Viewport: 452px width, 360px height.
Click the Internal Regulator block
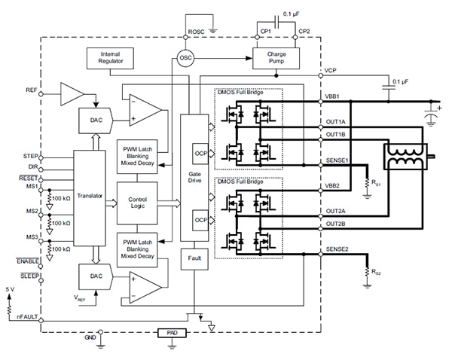click(x=109, y=56)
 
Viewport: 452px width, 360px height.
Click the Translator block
click(x=89, y=195)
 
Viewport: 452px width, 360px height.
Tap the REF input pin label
click(x=31, y=90)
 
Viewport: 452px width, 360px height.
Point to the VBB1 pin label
click(x=332, y=97)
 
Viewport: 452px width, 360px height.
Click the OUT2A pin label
click(x=335, y=212)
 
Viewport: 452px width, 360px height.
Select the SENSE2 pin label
click(x=337, y=249)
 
